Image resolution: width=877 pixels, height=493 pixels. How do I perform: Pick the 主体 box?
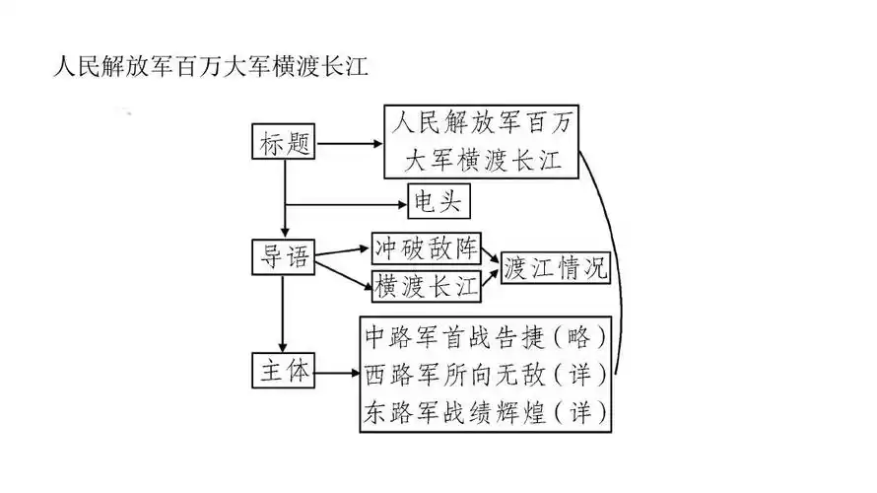(x=283, y=374)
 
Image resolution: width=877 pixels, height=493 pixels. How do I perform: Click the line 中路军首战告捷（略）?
(x=485, y=337)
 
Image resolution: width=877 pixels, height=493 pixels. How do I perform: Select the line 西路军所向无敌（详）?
(x=485, y=374)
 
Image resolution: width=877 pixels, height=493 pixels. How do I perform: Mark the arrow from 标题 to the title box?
(x=349, y=144)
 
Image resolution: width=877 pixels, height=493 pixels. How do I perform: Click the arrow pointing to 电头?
(x=345, y=205)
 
